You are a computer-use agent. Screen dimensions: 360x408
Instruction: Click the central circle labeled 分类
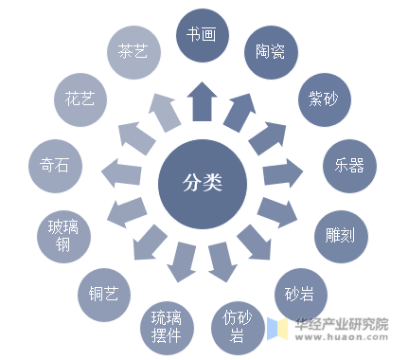pos(202,180)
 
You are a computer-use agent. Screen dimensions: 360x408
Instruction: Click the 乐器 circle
pos(347,162)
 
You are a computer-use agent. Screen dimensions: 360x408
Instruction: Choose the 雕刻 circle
pos(340,232)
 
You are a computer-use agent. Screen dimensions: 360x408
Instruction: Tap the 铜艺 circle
pos(103,293)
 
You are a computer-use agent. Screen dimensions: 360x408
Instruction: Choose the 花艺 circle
pos(80,98)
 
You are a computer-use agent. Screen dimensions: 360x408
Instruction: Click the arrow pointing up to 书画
pos(202,100)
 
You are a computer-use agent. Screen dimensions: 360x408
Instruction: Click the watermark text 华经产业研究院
pos(342,323)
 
